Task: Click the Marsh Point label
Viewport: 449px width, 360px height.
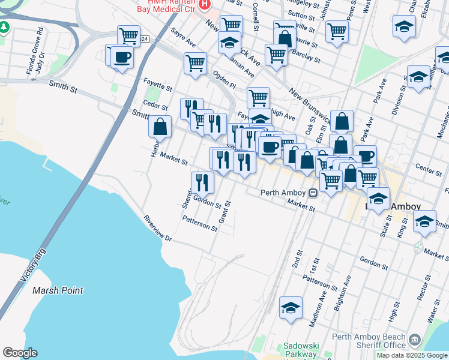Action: coord(58,290)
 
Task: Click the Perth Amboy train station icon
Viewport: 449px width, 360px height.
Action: coord(313,193)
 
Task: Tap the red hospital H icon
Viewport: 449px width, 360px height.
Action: coord(204,5)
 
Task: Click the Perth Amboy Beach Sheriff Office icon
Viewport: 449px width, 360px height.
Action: coord(414,341)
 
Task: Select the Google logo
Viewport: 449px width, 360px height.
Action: coord(20,353)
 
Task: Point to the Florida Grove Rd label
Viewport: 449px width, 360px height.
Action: coord(31,55)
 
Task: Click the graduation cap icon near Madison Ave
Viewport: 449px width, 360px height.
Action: coord(291,307)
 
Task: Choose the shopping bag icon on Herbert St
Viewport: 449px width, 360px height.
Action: coord(160,127)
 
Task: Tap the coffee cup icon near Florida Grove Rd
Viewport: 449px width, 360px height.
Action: coord(122,58)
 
